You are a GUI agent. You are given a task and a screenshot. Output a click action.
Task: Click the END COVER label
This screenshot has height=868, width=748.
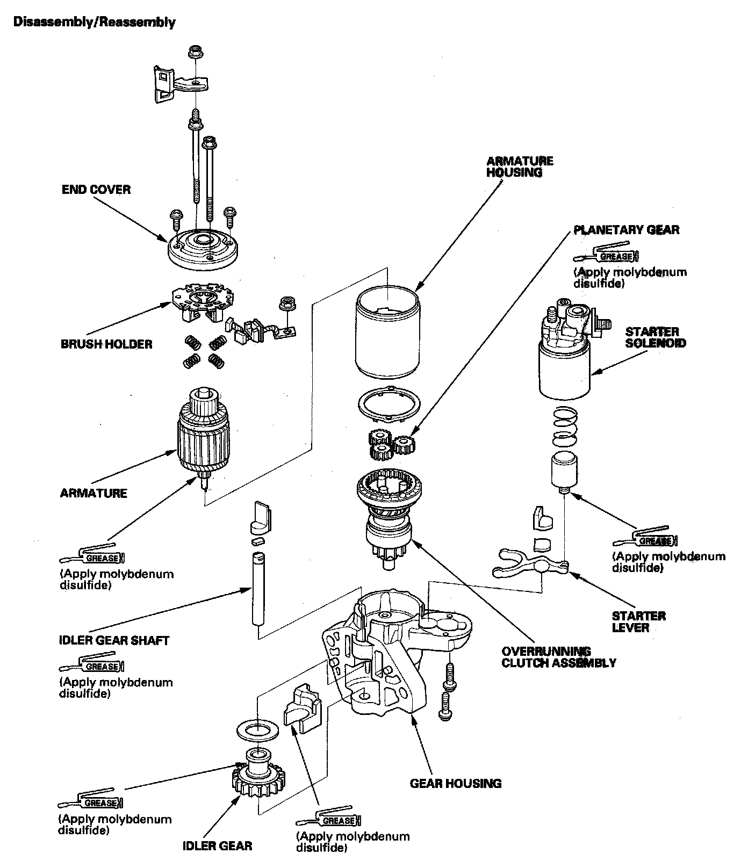pyautogui.click(x=96, y=190)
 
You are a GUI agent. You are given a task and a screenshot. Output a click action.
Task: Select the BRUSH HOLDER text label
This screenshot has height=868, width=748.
pyautogui.click(x=106, y=344)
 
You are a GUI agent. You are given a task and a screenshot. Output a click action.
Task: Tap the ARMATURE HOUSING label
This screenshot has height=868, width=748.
pyautogui.click(x=520, y=167)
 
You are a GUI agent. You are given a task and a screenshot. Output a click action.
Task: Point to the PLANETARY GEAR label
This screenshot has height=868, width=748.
pyautogui.click(x=627, y=230)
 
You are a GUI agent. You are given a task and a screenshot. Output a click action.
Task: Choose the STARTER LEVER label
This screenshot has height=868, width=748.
pyautogui.click(x=639, y=621)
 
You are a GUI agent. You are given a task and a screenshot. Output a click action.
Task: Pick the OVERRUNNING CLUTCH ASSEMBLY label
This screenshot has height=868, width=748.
pyautogui.click(x=558, y=657)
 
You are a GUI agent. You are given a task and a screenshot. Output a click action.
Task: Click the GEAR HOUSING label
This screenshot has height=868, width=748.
pyautogui.click(x=456, y=783)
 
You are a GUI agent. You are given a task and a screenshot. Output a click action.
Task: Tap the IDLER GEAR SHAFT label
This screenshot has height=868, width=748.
pyautogui.click(x=114, y=641)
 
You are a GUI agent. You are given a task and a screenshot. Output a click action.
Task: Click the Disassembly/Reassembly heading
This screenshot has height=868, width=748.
pyautogui.click(x=94, y=22)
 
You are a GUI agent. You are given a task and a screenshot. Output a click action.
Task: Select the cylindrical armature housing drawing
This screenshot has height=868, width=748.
pyautogui.click(x=387, y=333)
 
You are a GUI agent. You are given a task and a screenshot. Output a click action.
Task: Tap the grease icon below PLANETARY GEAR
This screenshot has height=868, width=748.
pyautogui.click(x=607, y=255)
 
